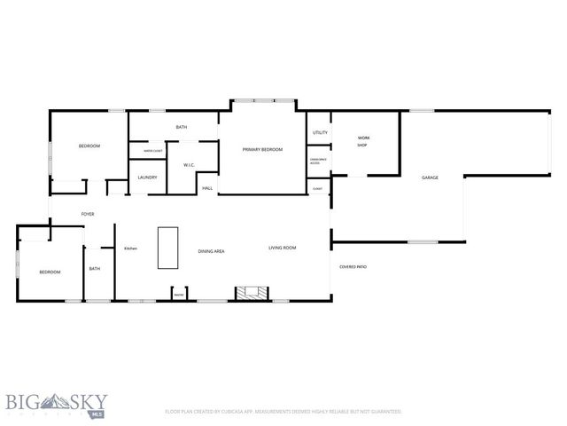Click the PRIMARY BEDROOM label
pos(262,149)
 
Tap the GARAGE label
pos(430,177)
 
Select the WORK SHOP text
pos(362,141)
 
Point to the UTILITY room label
pos(320,133)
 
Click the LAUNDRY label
pos(147,177)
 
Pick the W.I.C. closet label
pos(189,165)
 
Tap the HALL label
pos(207,188)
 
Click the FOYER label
pos(88,214)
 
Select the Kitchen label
pos(130,248)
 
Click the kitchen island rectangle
pos(167,248)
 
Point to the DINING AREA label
pos(211,251)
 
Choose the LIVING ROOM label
pos(282,248)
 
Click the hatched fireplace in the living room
pos(246,292)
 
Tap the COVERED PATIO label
pos(353,266)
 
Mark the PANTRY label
pos(178,295)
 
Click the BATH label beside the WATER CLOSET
pos(181,127)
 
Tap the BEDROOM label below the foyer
pos(49,272)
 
